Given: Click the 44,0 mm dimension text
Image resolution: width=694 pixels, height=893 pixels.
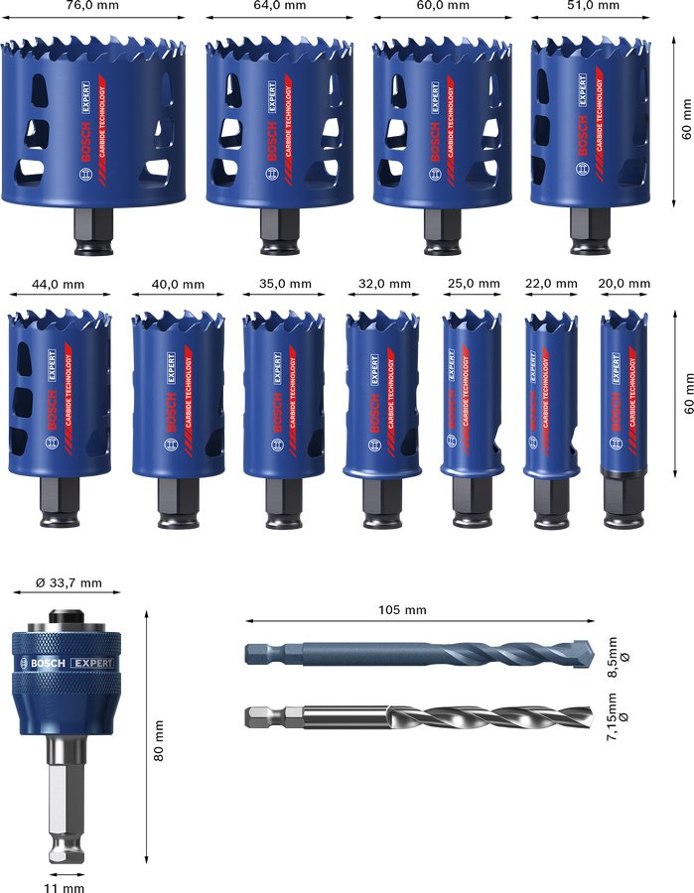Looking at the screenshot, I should click(x=61, y=285).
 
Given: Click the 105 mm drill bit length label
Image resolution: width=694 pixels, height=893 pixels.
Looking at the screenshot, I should click(x=402, y=609).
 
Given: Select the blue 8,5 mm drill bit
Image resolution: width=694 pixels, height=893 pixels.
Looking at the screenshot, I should click(x=417, y=654).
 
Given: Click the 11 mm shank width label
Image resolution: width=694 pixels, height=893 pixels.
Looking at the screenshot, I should click(x=65, y=887).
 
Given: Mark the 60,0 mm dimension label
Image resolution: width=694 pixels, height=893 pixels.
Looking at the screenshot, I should click(x=442, y=6).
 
